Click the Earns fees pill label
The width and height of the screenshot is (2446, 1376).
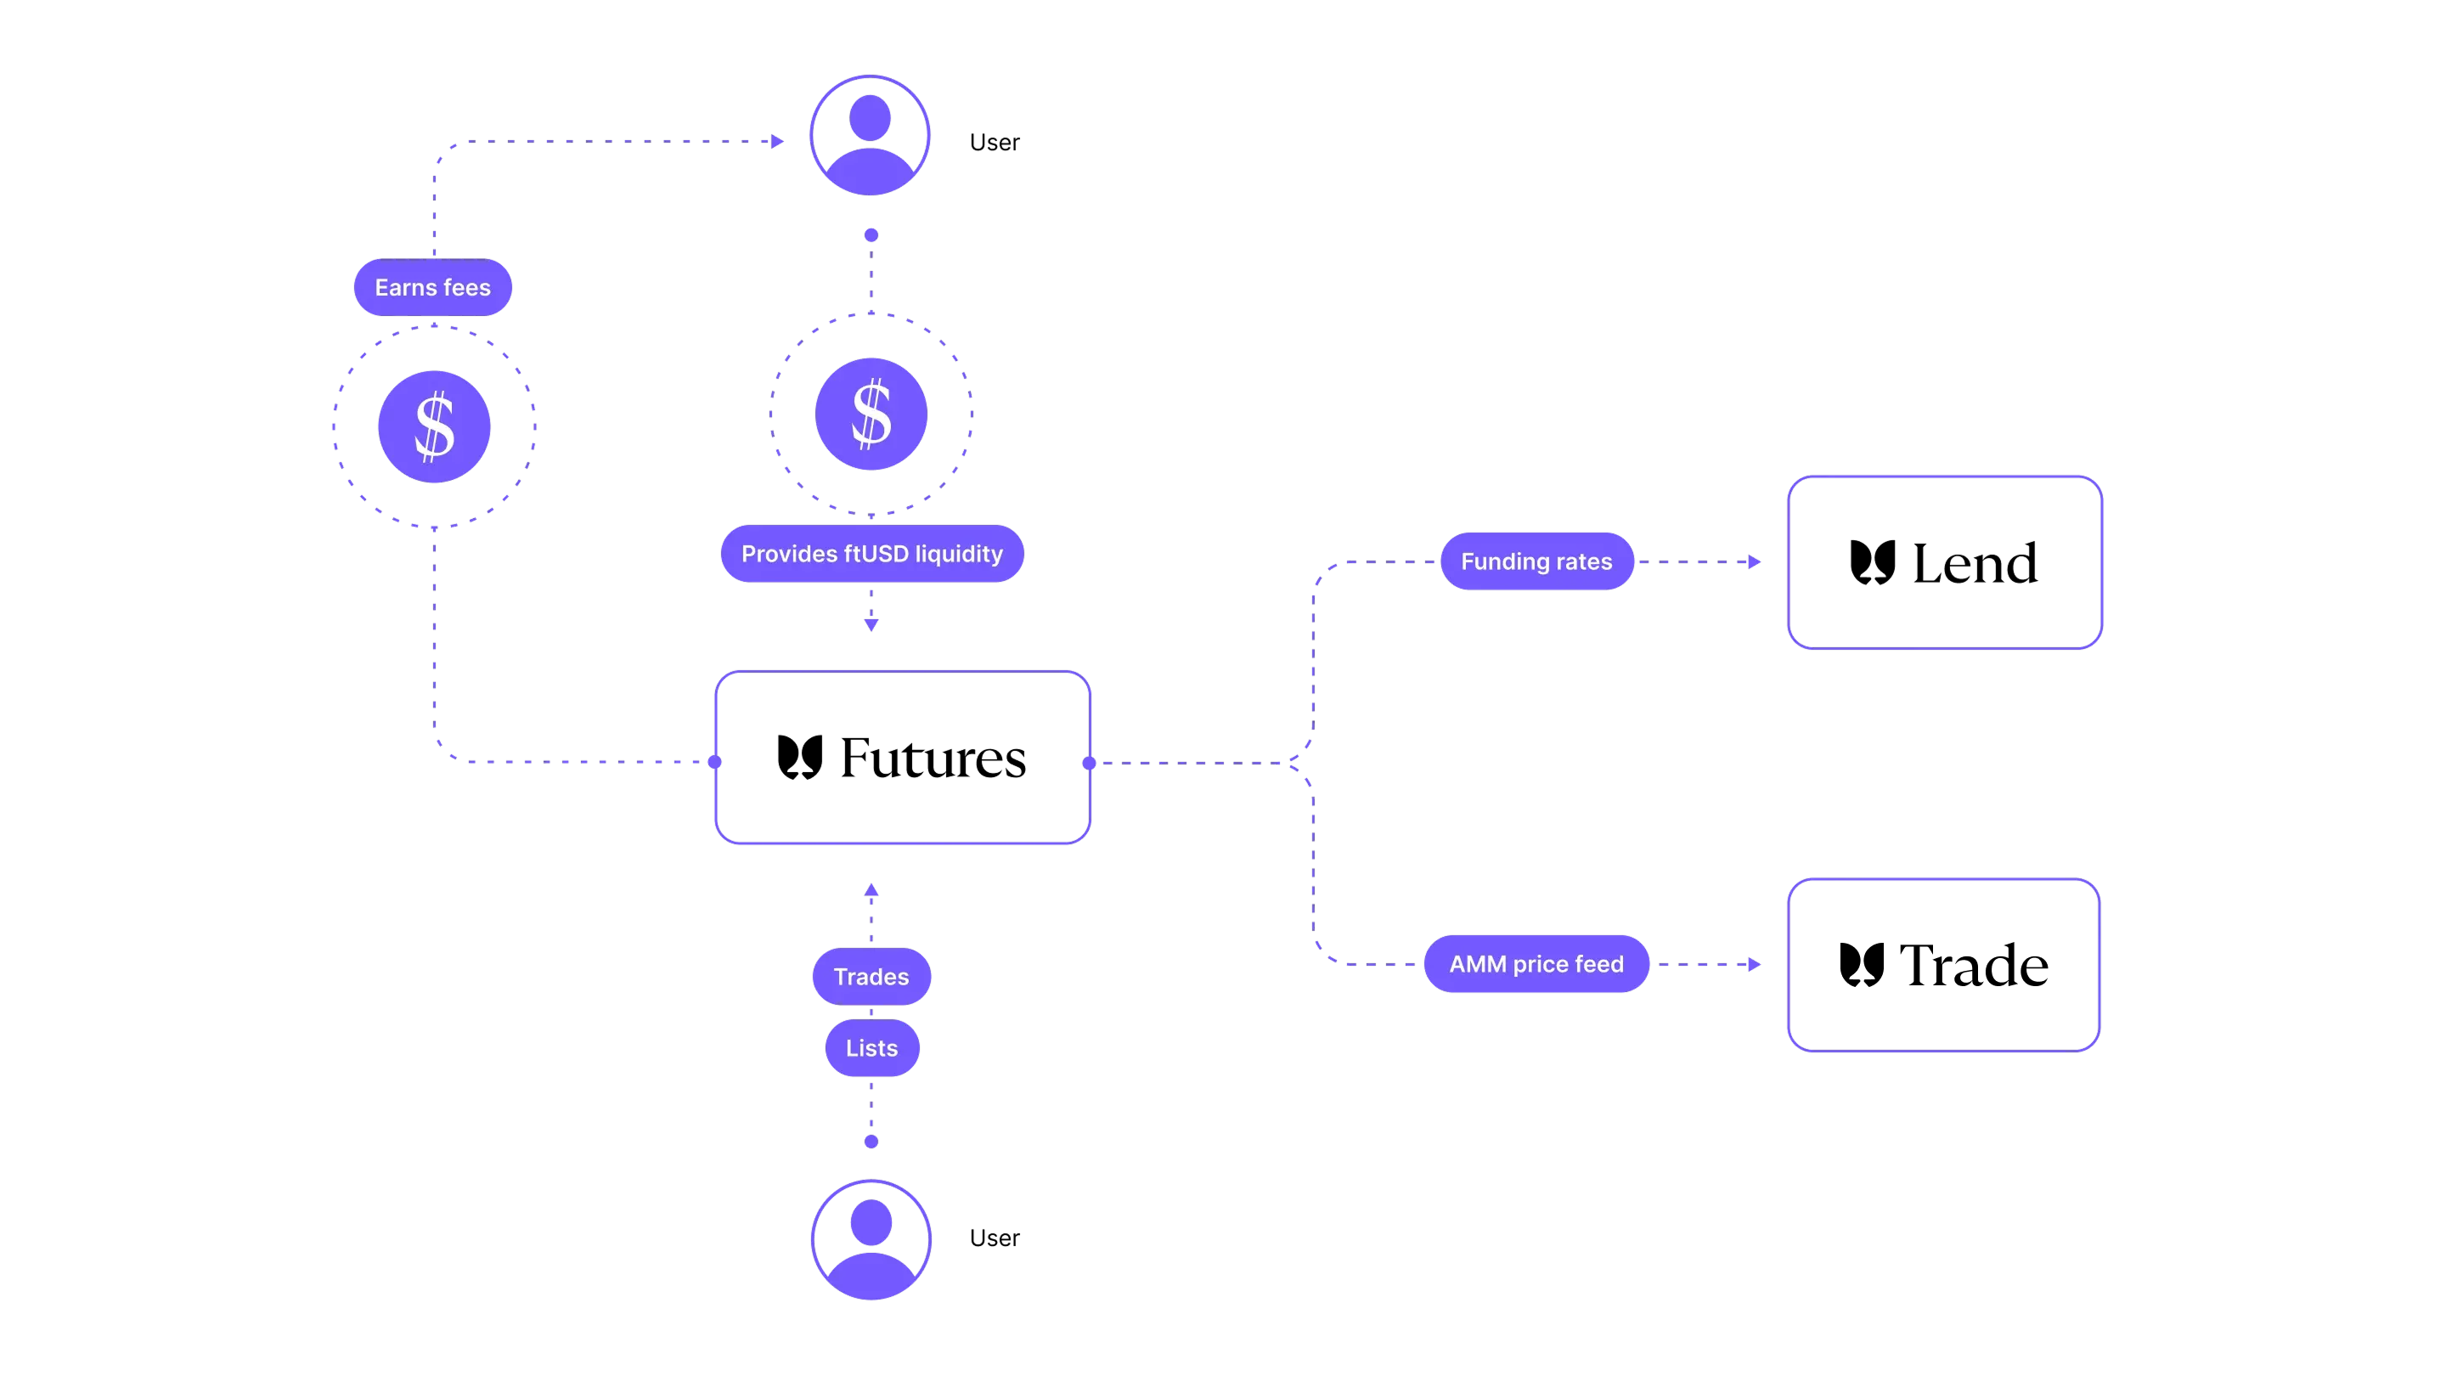coord(433,287)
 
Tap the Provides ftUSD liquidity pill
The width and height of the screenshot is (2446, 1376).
coord(871,554)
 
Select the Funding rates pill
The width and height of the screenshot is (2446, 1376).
coord(1536,561)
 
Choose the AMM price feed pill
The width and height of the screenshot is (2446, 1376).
coord(1536,964)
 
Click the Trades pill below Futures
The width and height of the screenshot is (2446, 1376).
coord(871,976)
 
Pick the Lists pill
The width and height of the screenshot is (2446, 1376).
coord(871,1047)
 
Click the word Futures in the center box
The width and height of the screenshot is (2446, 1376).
coord(933,758)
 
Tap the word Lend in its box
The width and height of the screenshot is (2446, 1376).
coord(1975,563)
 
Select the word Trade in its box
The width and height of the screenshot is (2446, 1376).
coord(1974,965)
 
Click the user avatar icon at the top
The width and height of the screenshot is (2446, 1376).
coord(870,136)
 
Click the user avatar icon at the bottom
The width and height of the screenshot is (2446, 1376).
coord(871,1240)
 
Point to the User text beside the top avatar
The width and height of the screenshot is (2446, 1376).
coord(995,143)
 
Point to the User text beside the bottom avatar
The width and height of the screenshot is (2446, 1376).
coord(995,1238)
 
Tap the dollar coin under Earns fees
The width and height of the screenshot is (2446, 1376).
coord(434,426)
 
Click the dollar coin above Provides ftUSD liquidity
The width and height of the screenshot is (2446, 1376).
coord(871,414)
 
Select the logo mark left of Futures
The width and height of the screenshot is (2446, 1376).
coord(800,758)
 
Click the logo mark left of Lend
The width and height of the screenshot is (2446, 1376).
coord(1873,563)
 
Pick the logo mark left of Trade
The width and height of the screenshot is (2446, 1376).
coord(1862,965)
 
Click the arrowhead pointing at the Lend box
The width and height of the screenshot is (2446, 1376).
coord(1755,561)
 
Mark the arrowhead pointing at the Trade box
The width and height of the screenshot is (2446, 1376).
coord(1755,964)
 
